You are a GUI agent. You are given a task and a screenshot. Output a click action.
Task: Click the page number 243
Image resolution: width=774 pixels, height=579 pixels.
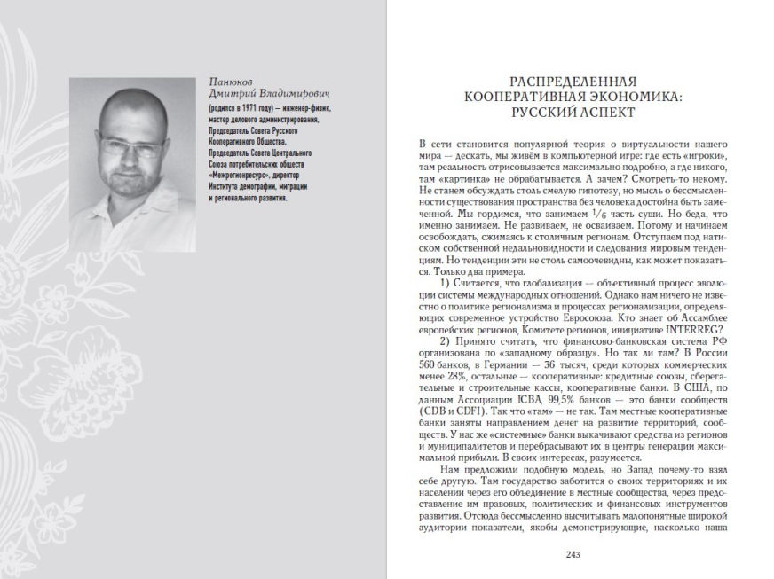pyautogui.click(x=572, y=556)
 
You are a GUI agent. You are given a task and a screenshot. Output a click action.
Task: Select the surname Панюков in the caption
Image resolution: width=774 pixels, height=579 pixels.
pyautogui.click(x=228, y=81)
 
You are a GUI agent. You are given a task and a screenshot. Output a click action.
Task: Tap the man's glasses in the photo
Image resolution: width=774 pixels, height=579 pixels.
pyautogui.click(x=132, y=146)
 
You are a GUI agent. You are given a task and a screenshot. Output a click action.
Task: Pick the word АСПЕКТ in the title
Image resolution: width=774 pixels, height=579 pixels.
pyautogui.click(x=599, y=114)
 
